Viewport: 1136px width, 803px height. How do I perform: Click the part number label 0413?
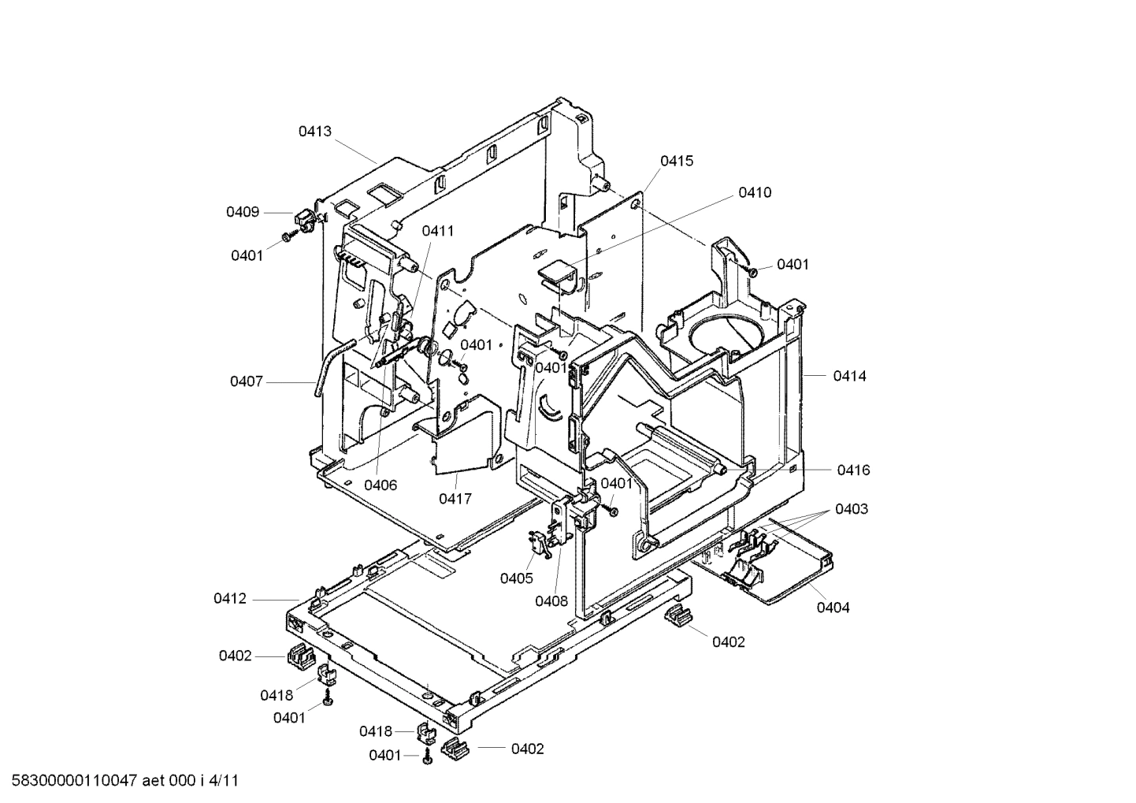pyautogui.click(x=314, y=132)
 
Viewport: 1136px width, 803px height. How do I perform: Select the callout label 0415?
pyautogui.click(x=677, y=161)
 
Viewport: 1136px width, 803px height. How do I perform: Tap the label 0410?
pyautogui.click(x=755, y=192)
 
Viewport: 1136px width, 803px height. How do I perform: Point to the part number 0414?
pyautogui.click(x=849, y=376)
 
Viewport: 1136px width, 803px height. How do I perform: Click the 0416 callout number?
pyautogui.click(x=853, y=470)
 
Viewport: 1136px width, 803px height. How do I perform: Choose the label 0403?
pyautogui.click(x=851, y=509)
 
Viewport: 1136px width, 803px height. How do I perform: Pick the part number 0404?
pyautogui.click(x=833, y=608)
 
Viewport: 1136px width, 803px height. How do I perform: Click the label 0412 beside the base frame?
pyautogui.click(x=229, y=599)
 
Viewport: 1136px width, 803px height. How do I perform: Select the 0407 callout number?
pyautogui.click(x=247, y=381)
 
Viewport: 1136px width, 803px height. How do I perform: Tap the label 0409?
pyautogui.click(x=243, y=211)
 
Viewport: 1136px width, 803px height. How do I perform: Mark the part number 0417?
pyautogui.click(x=455, y=498)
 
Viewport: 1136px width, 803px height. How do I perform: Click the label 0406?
pyautogui.click(x=381, y=485)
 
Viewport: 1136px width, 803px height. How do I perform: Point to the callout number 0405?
pyautogui.click(x=516, y=578)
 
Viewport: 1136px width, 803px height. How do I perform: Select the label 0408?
pyautogui.click(x=551, y=601)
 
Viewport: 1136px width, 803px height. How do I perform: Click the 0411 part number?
pyautogui.click(x=437, y=231)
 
